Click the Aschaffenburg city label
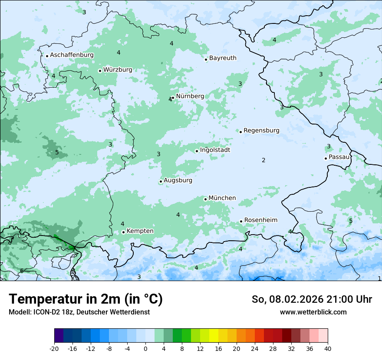(72, 55)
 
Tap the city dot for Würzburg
(100, 71)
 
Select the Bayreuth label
(223, 58)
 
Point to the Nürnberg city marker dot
(173, 98)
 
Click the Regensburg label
(261, 130)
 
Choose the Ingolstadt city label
(215, 150)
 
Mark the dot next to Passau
(326, 158)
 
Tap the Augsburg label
(178, 180)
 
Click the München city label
(222, 198)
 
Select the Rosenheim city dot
(241, 222)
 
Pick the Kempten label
(140, 231)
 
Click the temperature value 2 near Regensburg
(263, 160)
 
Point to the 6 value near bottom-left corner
(22, 271)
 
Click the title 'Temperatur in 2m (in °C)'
(86, 299)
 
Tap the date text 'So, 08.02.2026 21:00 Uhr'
(312, 299)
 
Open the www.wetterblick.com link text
(313, 312)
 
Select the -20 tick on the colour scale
(54, 348)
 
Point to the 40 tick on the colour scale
(327, 348)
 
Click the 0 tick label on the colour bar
(145, 348)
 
